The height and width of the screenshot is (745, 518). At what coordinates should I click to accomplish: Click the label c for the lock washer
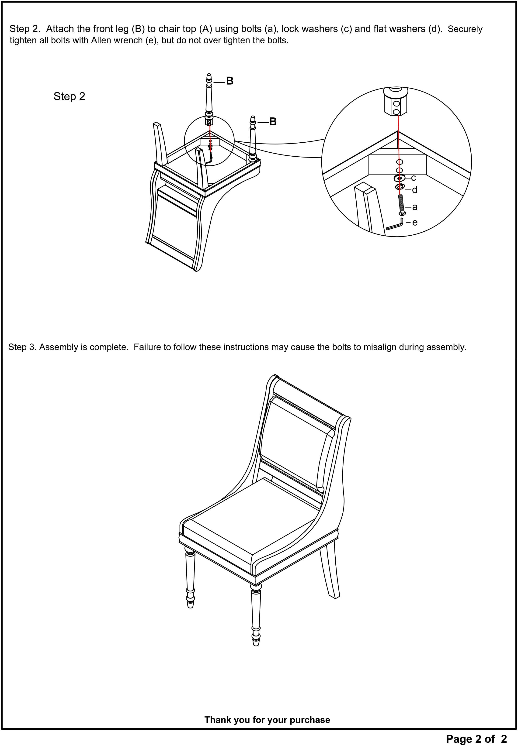click(x=414, y=178)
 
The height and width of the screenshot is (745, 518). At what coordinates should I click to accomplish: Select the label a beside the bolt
click(x=415, y=207)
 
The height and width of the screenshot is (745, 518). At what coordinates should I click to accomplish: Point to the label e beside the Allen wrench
click(x=415, y=222)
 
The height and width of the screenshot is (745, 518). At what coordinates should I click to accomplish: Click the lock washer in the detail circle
click(x=400, y=178)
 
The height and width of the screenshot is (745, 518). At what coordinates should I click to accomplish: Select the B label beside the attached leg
click(x=273, y=122)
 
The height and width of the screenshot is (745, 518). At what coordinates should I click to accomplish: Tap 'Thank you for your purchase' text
click(x=267, y=720)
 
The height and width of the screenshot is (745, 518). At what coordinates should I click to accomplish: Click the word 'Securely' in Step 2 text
click(x=465, y=29)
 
